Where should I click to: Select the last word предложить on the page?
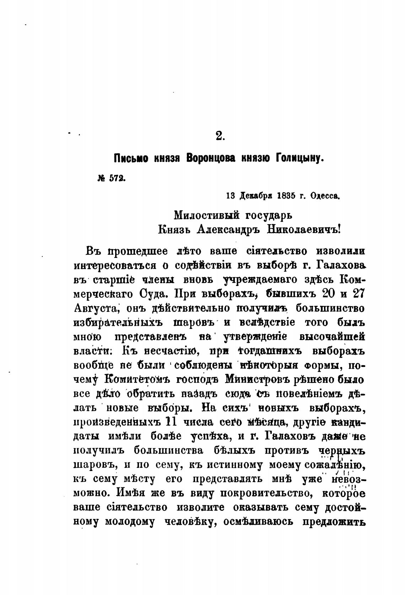pos(334,522)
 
